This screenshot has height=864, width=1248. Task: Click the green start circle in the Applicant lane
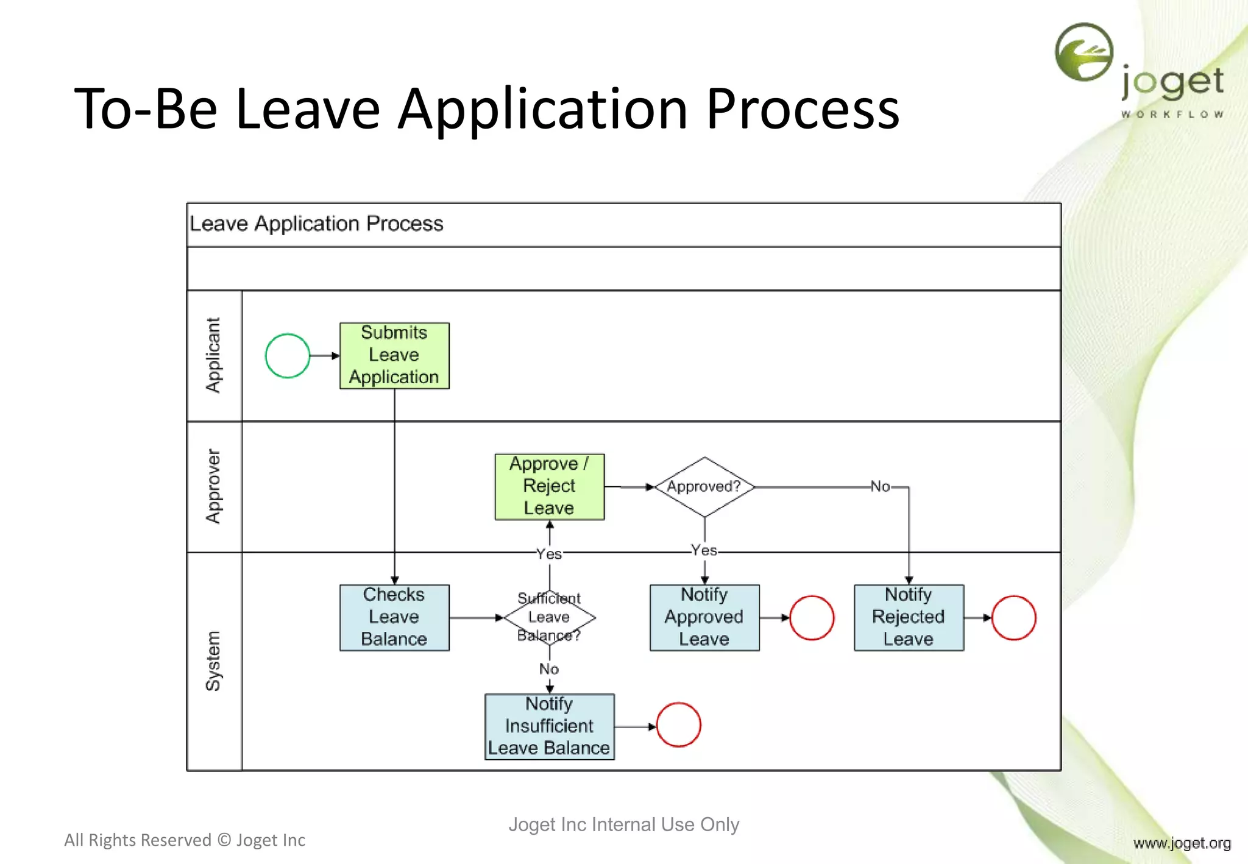(x=288, y=356)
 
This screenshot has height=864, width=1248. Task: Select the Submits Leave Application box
(x=394, y=356)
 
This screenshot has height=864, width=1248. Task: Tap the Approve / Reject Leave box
(x=550, y=486)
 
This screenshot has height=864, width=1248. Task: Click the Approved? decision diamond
(x=704, y=487)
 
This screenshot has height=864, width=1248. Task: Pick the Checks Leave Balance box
(x=394, y=617)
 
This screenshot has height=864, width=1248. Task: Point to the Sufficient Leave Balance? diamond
(x=550, y=617)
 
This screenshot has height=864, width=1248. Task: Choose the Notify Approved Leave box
(x=704, y=617)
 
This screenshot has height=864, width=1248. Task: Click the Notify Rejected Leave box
(x=909, y=617)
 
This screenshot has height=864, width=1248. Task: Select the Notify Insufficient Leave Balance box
(x=550, y=726)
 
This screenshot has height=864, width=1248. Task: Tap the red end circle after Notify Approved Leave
(x=812, y=618)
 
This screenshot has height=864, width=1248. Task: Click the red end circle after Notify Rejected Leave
(x=1014, y=618)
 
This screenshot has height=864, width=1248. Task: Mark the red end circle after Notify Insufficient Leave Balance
(x=678, y=725)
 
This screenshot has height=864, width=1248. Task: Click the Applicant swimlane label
(x=213, y=355)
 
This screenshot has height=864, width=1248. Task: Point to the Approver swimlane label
(x=213, y=486)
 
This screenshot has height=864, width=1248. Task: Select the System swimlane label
(x=213, y=661)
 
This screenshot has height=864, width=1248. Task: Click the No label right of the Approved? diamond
(x=880, y=486)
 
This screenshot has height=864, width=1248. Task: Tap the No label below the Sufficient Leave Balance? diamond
(x=549, y=669)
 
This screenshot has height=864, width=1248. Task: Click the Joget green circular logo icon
(x=1084, y=52)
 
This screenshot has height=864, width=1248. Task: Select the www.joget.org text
(x=1182, y=843)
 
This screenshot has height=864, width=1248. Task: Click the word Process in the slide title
(x=803, y=109)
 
